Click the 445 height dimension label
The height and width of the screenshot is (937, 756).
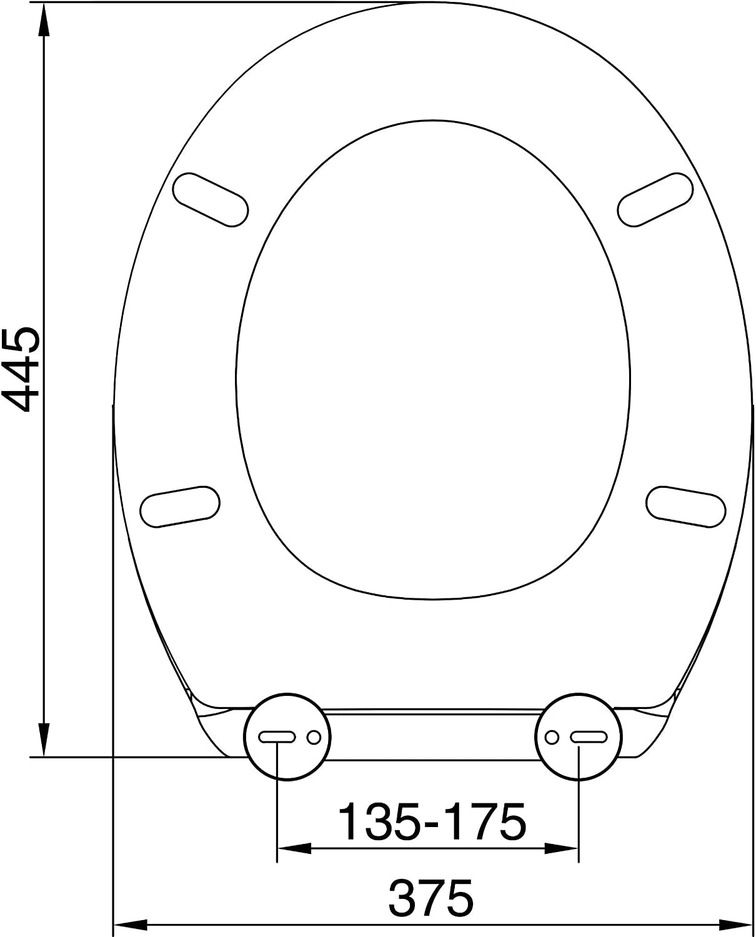22,370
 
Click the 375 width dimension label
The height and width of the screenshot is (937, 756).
431,898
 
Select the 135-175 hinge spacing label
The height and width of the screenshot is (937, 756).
432,822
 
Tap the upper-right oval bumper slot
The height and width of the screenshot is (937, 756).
655,199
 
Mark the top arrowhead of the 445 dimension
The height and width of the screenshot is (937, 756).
44,19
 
